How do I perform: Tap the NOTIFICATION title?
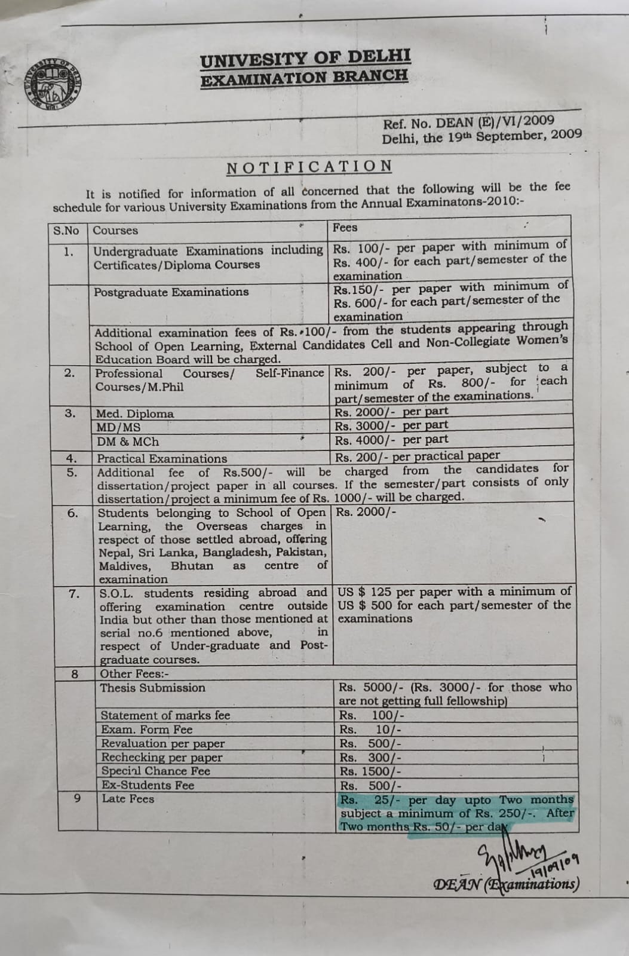tap(309, 167)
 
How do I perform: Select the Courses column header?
tap(115, 231)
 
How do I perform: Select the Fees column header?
tap(345, 228)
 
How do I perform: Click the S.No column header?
tap(66, 231)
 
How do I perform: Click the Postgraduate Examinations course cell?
tap(171, 292)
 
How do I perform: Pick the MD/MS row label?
tap(119, 427)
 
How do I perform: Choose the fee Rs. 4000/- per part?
tap(391, 440)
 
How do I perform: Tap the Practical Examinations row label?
tap(162, 459)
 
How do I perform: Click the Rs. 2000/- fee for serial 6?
tap(366, 512)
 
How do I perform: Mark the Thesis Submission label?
tap(152, 688)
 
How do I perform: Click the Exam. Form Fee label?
tap(146, 730)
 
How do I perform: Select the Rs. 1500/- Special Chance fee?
tap(370, 771)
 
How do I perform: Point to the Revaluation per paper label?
tap(162, 743)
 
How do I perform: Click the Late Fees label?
tap(128, 799)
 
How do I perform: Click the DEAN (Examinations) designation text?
tap(506, 884)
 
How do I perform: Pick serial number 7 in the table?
tap(73, 594)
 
